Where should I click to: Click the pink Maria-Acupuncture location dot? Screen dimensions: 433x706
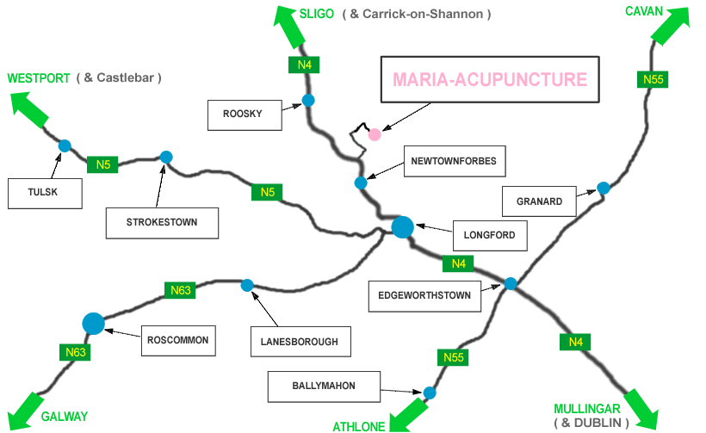point(375,134)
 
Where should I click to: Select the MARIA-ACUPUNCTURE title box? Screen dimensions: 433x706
point(489,81)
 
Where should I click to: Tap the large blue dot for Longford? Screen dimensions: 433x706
point(402,227)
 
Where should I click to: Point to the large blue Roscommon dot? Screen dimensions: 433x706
point(93,324)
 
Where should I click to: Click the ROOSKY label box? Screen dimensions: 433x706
point(245,114)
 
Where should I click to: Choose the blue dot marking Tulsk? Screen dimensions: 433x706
point(65,145)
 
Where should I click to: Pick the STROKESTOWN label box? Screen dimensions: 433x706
point(162,222)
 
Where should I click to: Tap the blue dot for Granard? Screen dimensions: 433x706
point(604,188)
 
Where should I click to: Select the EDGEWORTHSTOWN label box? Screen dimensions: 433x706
point(424,295)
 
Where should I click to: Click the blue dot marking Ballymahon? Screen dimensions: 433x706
point(430,393)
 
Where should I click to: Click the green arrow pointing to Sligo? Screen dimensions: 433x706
point(288,27)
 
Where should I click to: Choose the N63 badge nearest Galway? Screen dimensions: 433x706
point(74,351)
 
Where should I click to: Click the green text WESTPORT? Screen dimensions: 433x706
point(39,78)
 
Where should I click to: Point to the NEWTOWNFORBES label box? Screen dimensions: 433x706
point(454,161)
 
